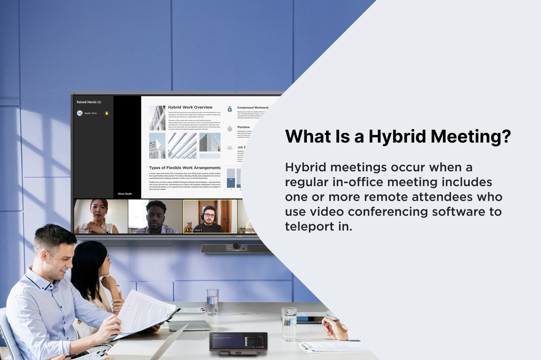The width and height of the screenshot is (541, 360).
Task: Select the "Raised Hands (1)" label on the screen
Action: (89, 102)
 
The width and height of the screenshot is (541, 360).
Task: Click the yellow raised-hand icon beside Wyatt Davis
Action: (107, 113)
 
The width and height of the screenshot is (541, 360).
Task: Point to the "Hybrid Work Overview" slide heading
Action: (190, 107)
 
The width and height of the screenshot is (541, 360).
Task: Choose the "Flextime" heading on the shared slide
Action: (243, 127)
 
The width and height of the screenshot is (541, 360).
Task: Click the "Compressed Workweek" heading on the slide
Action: (252, 107)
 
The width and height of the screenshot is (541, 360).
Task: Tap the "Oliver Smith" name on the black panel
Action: (125, 194)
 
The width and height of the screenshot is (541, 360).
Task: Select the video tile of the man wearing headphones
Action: (210, 216)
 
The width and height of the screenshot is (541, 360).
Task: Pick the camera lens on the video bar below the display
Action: (237, 246)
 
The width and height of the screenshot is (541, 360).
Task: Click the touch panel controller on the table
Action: (238, 342)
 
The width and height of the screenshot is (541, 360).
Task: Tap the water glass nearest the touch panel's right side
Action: (289, 324)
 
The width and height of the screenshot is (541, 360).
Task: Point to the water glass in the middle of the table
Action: (212, 302)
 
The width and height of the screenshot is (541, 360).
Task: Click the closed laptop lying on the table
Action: (189, 325)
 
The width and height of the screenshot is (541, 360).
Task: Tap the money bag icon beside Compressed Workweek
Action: (230, 109)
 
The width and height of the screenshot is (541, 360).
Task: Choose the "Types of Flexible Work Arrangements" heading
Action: (185, 168)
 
